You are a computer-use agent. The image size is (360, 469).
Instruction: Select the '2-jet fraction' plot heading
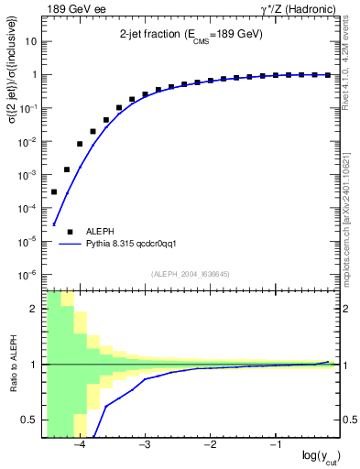click(191, 34)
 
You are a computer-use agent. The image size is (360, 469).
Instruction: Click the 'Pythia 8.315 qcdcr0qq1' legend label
click(125, 245)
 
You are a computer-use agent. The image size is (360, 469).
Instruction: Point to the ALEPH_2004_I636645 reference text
click(191, 273)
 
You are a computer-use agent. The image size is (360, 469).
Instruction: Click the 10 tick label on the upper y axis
click(31, 41)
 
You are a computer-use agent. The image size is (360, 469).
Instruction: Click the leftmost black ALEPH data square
click(54, 191)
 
